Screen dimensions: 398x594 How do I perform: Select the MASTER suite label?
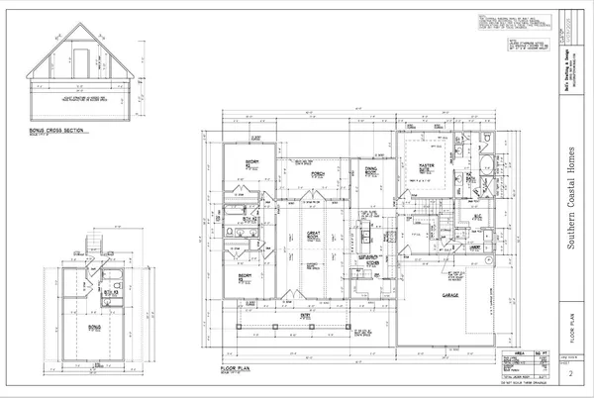pos(427,166)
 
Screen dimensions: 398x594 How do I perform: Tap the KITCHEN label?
pos(374,263)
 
